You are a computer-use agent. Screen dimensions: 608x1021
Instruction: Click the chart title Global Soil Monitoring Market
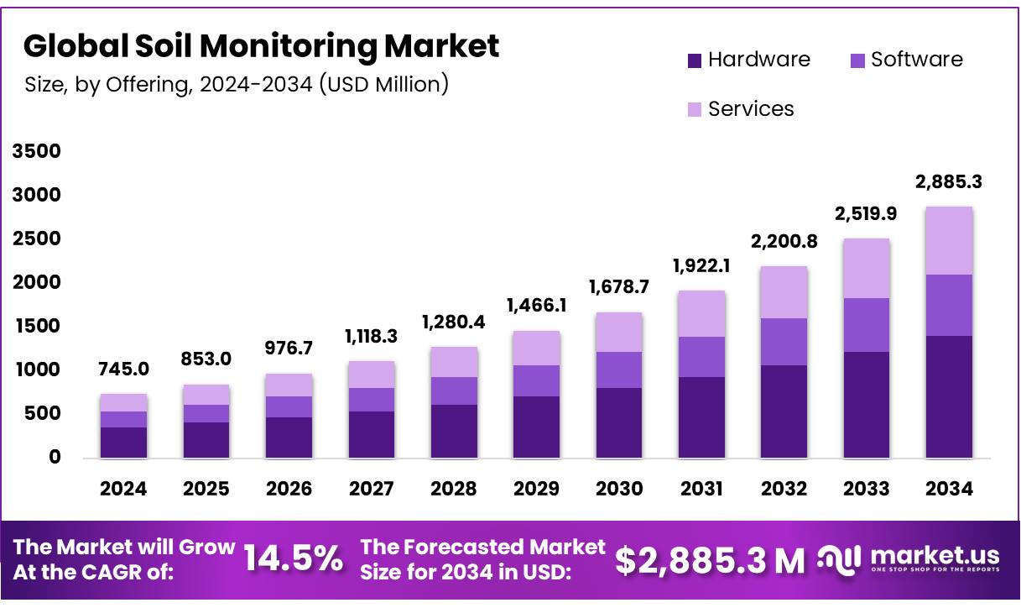pos(261,46)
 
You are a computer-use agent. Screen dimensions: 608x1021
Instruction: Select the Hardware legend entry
pos(748,60)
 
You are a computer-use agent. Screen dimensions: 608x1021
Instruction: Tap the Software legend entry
pos(905,60)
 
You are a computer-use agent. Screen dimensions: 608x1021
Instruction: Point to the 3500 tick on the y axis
pos(36,152)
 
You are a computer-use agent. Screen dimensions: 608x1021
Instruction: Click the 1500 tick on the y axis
pos(36,327)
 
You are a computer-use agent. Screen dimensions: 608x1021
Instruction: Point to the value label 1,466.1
pos(535,306)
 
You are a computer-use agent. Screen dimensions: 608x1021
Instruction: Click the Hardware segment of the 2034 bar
pos(948,396)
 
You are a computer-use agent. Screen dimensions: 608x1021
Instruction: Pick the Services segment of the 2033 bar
pos(866,268)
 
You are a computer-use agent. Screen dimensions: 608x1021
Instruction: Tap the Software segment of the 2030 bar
pos(618,370)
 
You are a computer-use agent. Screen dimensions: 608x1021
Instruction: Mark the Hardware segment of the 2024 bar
pos(123,442)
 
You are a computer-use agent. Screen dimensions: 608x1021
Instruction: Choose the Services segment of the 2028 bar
pos(453,362)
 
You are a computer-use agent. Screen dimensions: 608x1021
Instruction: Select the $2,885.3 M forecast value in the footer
pos(710,561)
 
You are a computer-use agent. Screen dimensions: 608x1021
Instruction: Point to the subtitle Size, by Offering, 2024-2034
pos(236,84)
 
